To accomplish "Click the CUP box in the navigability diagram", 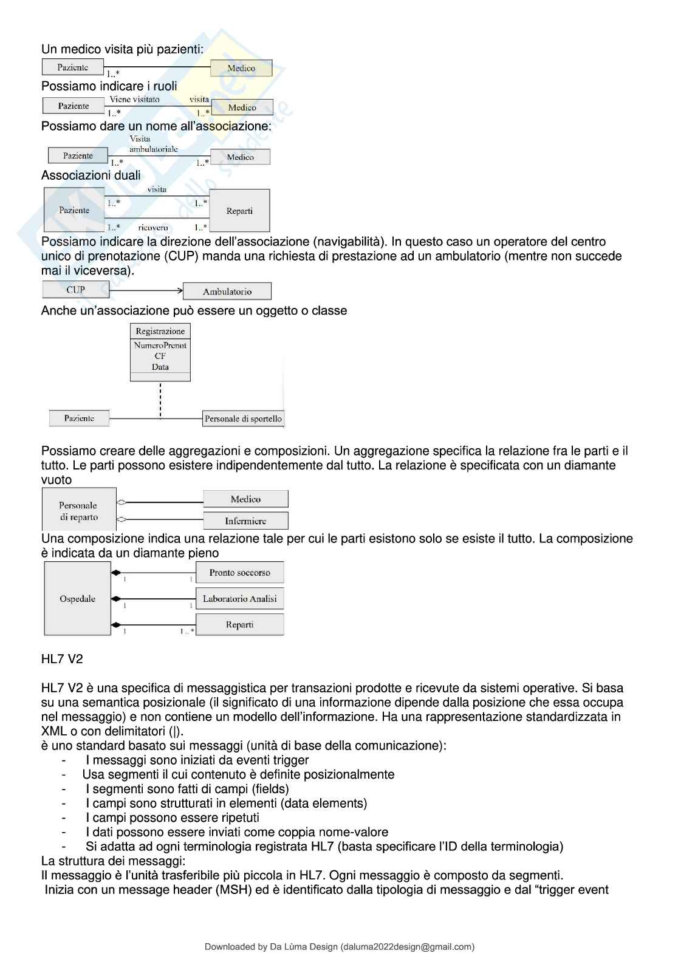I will click(x=76, y=290).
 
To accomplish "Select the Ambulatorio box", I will click(x=227, y=292).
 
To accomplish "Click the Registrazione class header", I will click(x=160, y=331).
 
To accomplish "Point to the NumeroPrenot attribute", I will click(x=160, y=345).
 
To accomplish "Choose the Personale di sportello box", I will click(x=243, y=418).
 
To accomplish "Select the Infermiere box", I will click(x=245, y=521).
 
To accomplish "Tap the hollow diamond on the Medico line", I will click(x=122, y=502).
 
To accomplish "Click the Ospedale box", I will click(x=78, y=599).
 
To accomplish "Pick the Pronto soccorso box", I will click(x=239, y=573).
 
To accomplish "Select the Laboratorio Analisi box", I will click(x=239, y=599).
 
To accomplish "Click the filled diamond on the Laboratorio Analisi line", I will click(x=115, y=599).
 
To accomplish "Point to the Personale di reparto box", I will click(x=78, y=511).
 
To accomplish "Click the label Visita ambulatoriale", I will click(x=153, y=144).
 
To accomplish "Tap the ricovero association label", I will click(x=153, y=228).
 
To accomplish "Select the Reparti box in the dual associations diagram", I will click(x=239, y=211).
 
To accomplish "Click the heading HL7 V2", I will click(x=62, y=659).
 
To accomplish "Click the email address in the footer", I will click(x=407, y=946).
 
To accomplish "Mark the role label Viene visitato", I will click(x=134, y=100).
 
